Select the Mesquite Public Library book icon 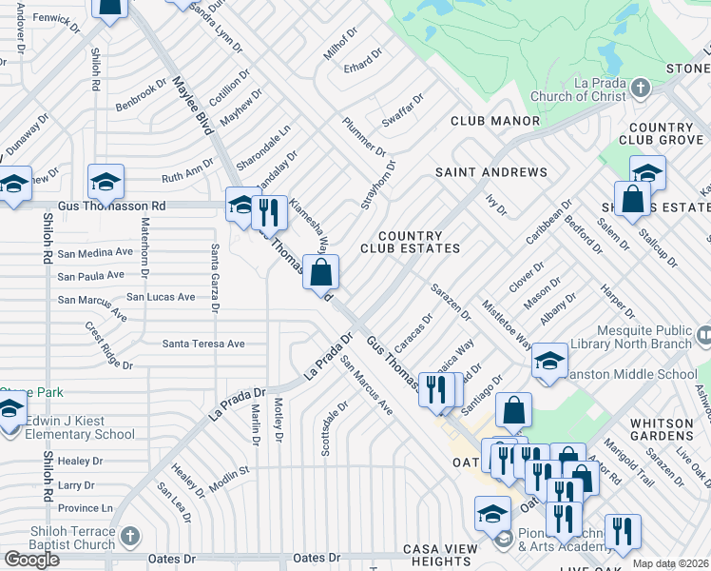pyautogui.click(x=703, y=337)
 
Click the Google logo pyautogui.click(x=31, y=560)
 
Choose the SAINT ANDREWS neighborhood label pyautogui.click(x=491, y=172)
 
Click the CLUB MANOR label pyautogui.click(x=495, y=121)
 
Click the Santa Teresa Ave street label pyautogui.click(x=203, y=344)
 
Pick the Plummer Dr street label pyautogui.click(x=364, y=138)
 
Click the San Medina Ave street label pyautogui.click(x=95, y=253)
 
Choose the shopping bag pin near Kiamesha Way pyautogui.click(x=321, y=272)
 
